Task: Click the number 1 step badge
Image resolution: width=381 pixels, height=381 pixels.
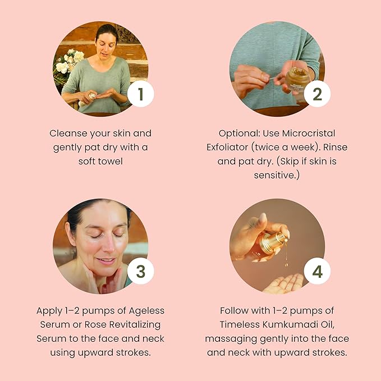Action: (141, 94)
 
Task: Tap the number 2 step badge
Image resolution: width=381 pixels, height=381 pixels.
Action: (317, 94)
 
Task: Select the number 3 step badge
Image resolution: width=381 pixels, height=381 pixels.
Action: (141, 271)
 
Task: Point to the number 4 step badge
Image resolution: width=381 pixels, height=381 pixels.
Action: (317, 271)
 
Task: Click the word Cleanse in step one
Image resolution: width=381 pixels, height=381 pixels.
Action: (68, 133)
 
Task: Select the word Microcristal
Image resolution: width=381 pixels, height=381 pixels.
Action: (309, 133)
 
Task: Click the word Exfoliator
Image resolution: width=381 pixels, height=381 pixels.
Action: (227, 147)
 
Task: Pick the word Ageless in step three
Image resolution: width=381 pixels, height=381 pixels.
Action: (146, 311)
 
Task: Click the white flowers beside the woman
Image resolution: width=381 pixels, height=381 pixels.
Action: (69, 61)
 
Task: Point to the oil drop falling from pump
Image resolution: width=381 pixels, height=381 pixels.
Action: (287, 264)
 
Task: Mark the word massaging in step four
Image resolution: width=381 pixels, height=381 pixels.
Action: (231, 339)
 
